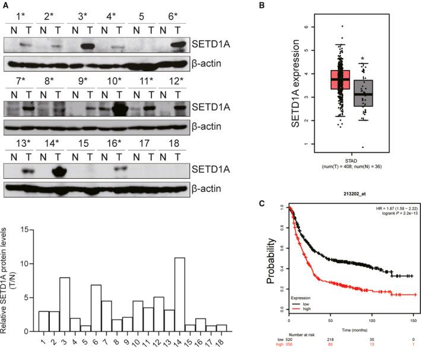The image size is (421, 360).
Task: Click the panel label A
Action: click(x=6, y=5)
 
